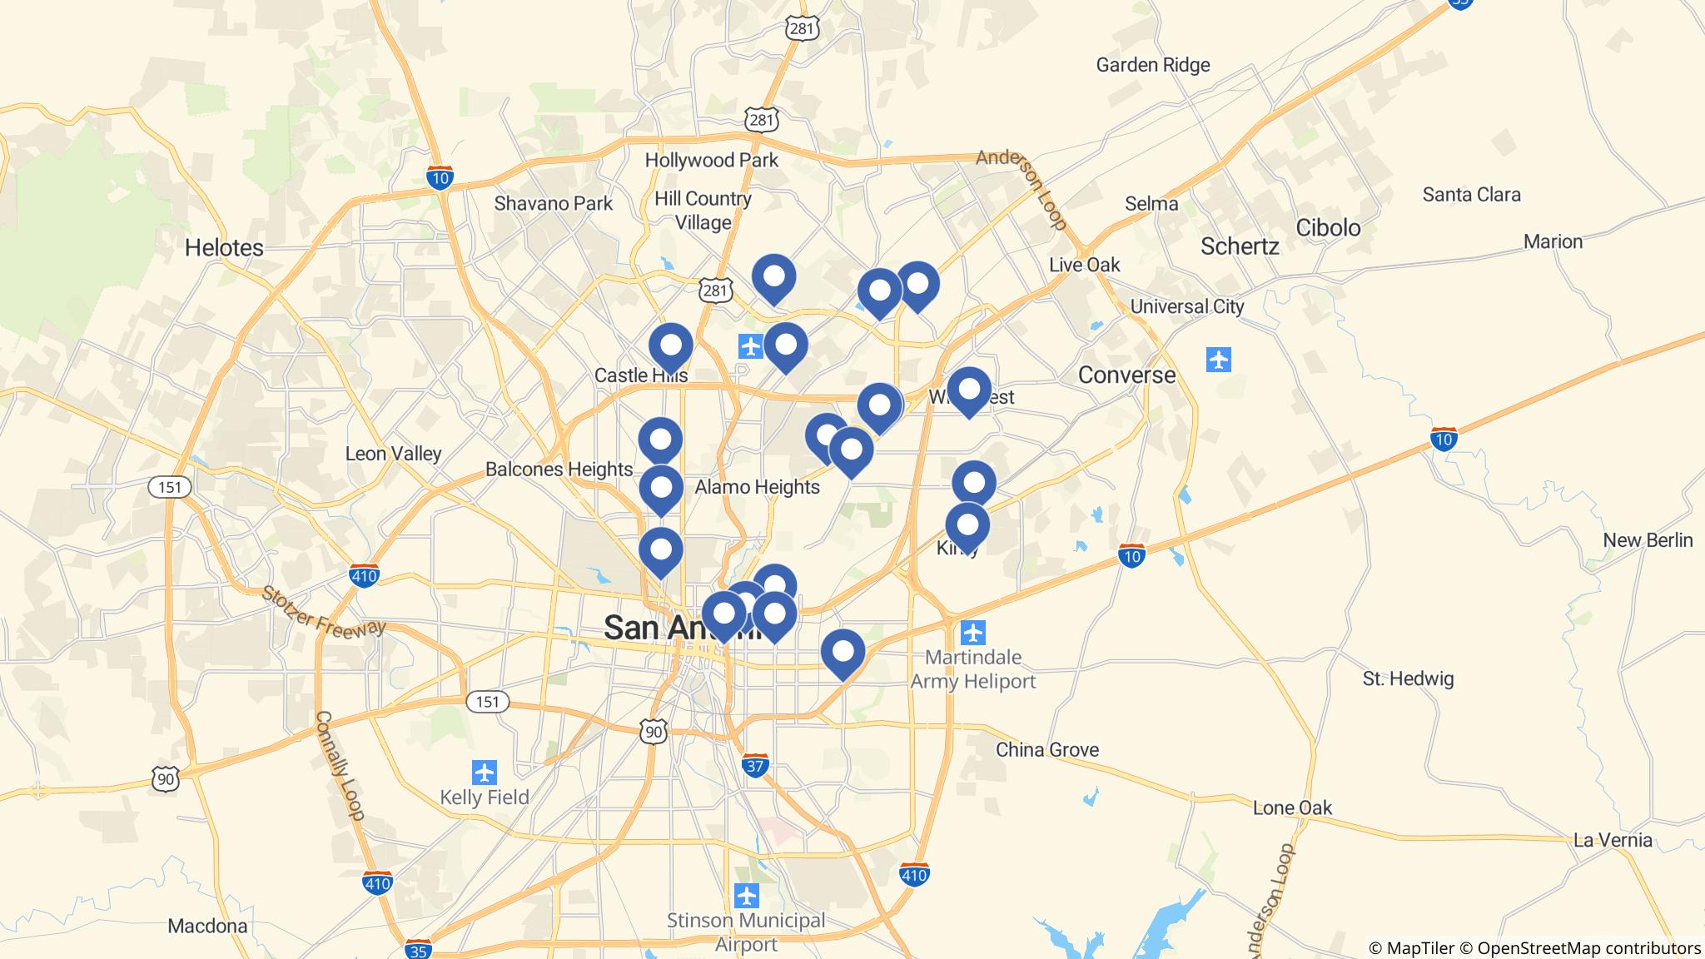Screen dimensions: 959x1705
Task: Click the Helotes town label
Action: point(224,247)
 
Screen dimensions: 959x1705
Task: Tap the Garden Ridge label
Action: point(1152,65)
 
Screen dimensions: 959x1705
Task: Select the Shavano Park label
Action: point(553,203)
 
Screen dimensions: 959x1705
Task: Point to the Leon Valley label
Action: point(393,454)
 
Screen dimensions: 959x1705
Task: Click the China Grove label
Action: point(1047,749)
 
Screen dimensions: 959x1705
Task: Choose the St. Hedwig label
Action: point(1408,678)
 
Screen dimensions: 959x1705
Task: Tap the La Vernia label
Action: point(1613,839)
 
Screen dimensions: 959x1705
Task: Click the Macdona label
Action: point(207,926)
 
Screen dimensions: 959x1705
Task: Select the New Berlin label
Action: point(1648,540)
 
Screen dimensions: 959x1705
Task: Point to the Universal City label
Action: point(1186,306)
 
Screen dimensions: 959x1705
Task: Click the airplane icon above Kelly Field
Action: point(484,772)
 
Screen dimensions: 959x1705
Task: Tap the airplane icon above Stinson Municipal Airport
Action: point(747,896)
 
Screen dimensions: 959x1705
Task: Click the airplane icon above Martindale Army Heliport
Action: point(972,633)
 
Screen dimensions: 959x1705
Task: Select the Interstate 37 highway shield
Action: point(754,766)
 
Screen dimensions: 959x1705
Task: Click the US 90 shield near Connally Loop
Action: point(165,779)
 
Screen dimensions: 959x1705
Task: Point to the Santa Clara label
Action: point(1471,195)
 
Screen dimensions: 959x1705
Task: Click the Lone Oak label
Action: point(1292,807)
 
